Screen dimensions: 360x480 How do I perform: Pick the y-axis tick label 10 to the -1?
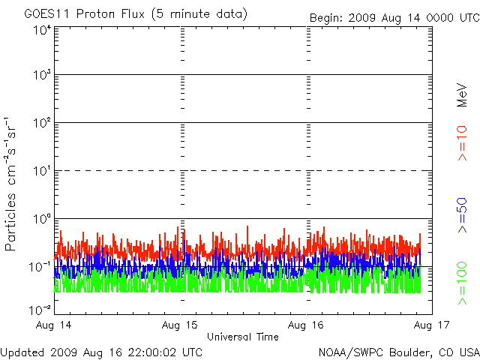pos(41,267)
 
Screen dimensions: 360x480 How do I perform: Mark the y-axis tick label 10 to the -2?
pos(41,308)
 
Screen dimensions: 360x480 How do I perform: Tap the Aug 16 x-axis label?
pos(306,325)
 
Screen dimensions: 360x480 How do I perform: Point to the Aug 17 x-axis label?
pos(430,325)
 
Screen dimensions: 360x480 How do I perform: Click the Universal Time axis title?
pos(243,337)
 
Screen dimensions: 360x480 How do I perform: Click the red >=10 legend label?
pos(463,143)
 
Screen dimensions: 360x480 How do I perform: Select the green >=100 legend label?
pos(463,281)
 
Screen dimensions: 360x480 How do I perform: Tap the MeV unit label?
pos(463,94)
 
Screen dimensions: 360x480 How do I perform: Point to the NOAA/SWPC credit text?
pos(397,351)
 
